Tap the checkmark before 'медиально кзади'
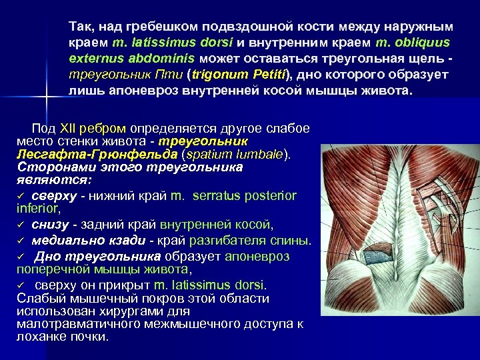[21, 241]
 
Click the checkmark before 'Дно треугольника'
[21, 257]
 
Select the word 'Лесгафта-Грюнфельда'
[74, 155]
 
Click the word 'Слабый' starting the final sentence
[37, 298]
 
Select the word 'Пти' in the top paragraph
[173, 73]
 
